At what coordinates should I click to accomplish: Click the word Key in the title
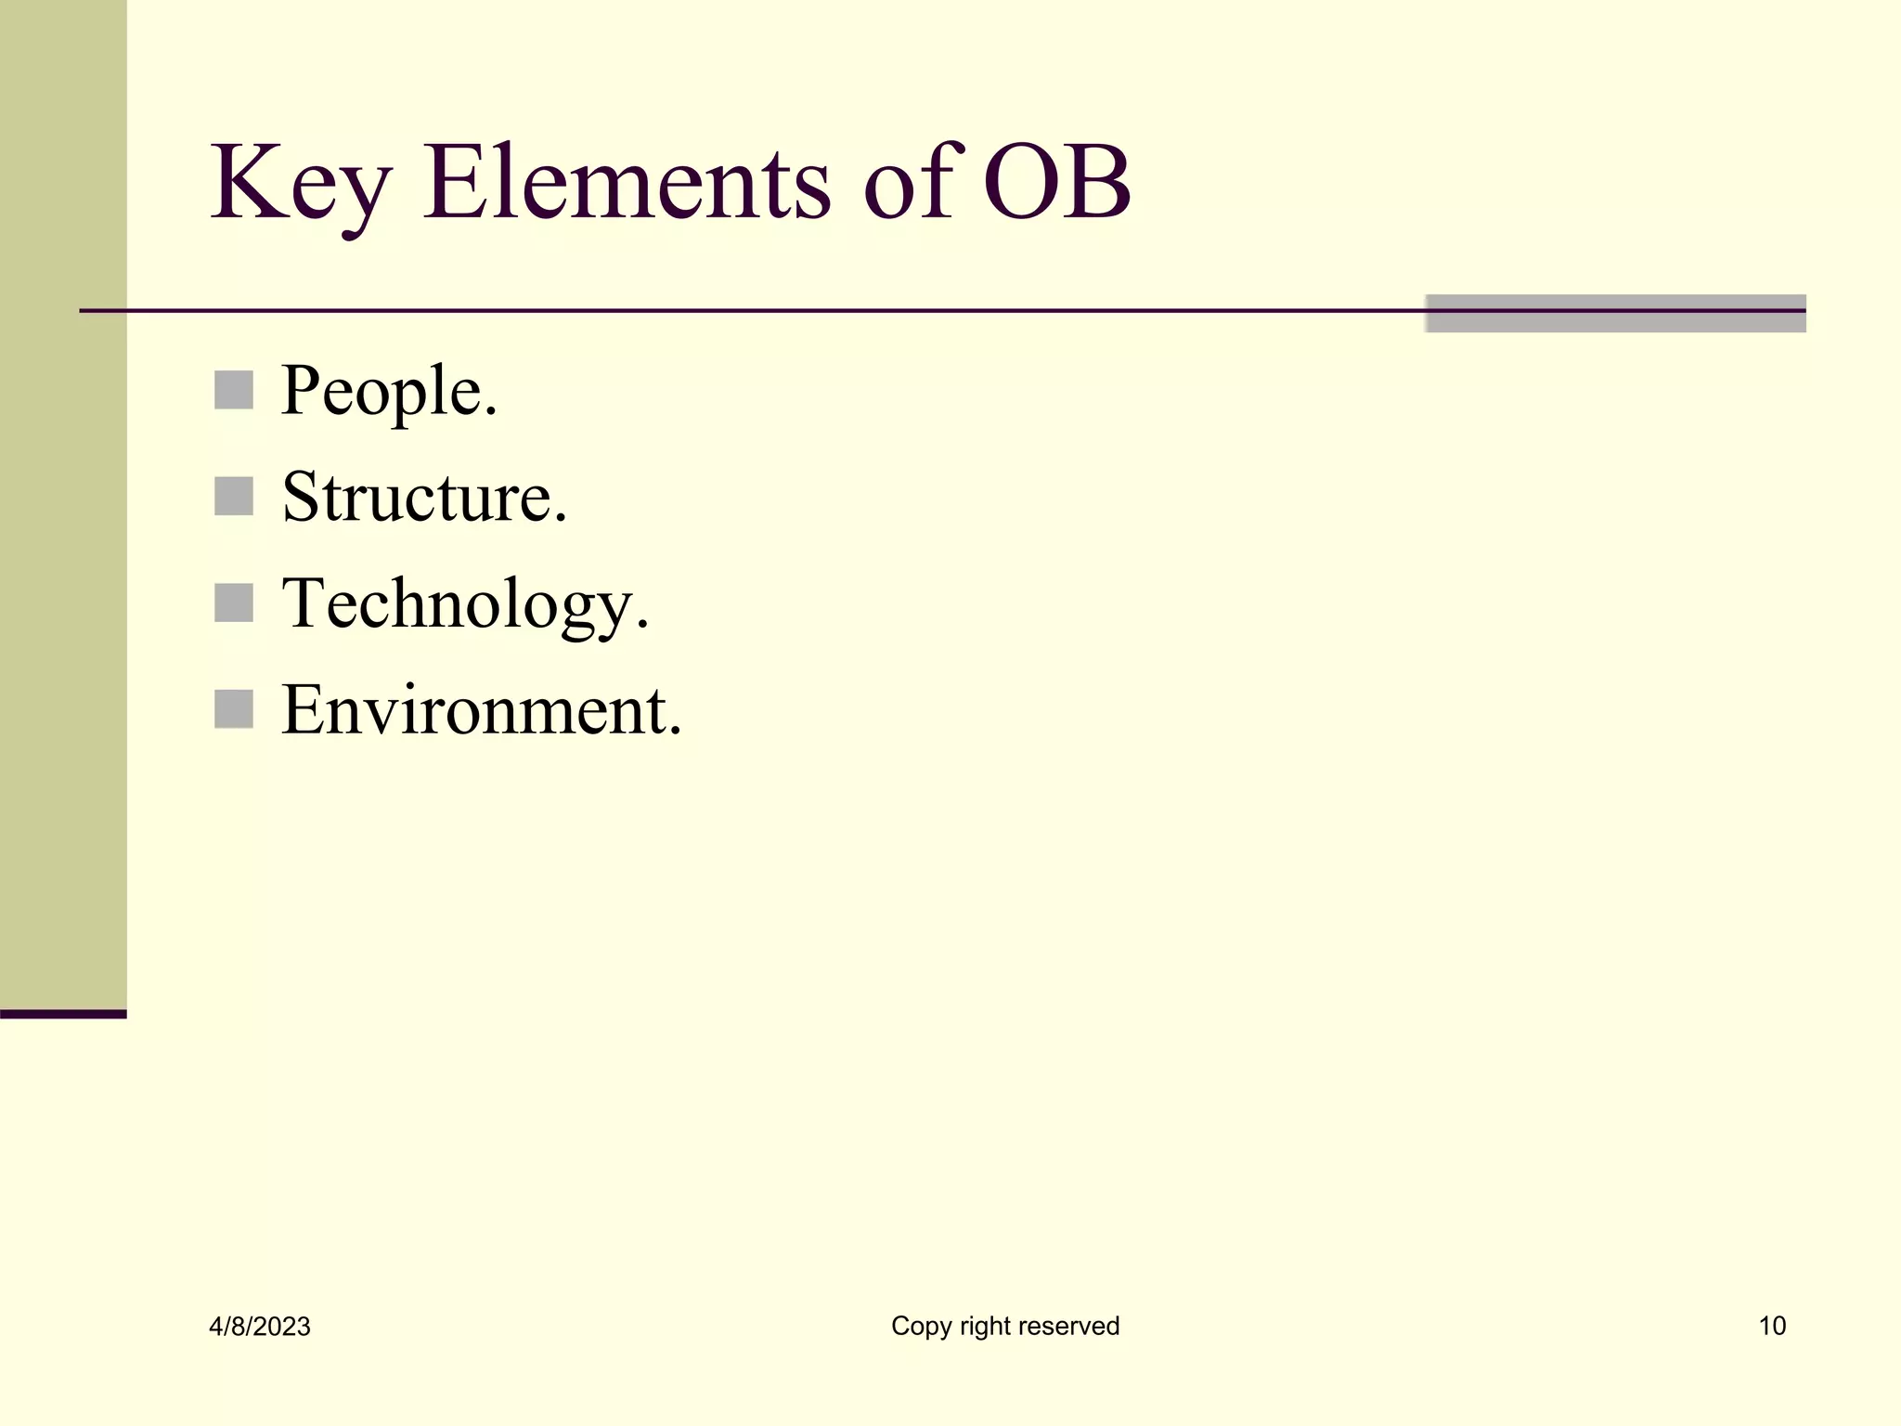coord(299,185)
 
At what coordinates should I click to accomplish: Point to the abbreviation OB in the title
coord(1057,183)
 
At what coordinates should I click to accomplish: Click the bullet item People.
coord(389,392)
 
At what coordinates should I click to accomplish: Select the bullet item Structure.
coord(423,498)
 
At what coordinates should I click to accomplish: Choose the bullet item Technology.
coord(464,605)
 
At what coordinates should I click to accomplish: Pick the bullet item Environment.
coord(481,711)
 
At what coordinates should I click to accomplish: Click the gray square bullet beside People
coord(234,390)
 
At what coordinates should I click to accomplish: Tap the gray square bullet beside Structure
coord(234,497)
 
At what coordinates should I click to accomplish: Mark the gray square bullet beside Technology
coord(234,603)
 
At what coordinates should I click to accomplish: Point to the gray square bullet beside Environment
coord(234,709)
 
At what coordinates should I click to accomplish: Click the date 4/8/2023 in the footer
coord(260,1327)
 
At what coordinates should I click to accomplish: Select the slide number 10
coord(1772,1326)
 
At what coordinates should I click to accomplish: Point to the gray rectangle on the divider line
coord(1615,314)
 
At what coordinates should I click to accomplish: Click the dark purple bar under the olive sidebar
coord(63,1014)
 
